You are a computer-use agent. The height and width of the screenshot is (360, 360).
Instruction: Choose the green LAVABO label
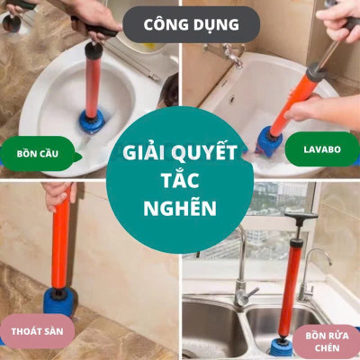point(322,148)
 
